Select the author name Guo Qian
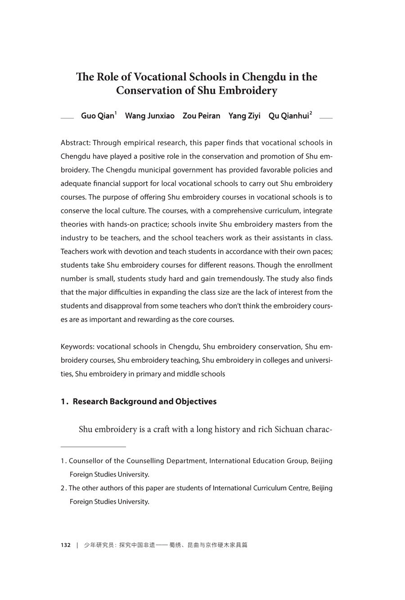pyautogui.click(x=97, y=116)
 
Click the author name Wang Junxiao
pyautogui.click(x=149, y=116)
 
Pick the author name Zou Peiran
pyautogui.click(x=201, y=116)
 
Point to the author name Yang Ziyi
pyautogui.click(x=244, y=116)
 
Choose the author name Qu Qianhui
pyautogui.click(x=288, y=116)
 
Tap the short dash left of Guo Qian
pyautogui.click(x=67, y=118)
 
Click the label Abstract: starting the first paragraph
pyautogui.click(x=76, y=143)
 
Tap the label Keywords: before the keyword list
pyautogui.click(x=77, y=347)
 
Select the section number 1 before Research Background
pyautogui.click(x=63, y=401)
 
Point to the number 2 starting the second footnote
pyautogui.click(x=63, y=488)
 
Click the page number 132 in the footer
pyautogui.click(x=66, y=545)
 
